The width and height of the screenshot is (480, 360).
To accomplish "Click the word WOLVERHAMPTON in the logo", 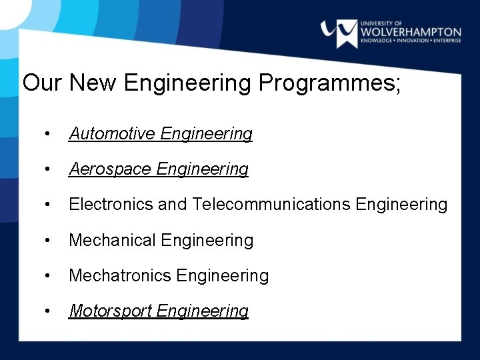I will (410, 32).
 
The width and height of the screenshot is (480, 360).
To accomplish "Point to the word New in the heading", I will (93, 83).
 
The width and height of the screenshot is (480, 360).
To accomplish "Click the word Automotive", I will (112, 134).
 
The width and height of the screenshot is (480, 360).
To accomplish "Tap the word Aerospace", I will (110, 169).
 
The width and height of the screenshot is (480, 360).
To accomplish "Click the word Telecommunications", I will (271, 205).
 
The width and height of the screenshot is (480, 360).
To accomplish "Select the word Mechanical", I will (112, 240).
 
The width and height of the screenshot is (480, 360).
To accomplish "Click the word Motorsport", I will (111, 311).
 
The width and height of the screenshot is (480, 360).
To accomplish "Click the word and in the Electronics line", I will (173, 205).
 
